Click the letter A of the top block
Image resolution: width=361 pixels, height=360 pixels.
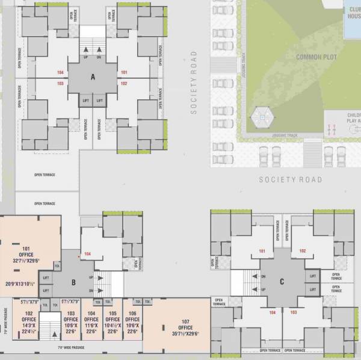93,77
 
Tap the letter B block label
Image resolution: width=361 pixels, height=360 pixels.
73,282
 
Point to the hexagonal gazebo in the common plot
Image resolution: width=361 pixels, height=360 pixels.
261,116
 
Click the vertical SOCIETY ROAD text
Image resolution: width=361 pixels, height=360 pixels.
194,82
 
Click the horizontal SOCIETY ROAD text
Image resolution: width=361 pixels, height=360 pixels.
291,180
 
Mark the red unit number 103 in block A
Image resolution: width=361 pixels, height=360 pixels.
60,83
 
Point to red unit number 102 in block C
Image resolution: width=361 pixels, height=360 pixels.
303,251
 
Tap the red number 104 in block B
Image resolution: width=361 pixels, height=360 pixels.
88,254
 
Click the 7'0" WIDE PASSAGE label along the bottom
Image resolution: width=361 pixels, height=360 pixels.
70,348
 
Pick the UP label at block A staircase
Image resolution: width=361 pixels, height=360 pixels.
85,57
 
